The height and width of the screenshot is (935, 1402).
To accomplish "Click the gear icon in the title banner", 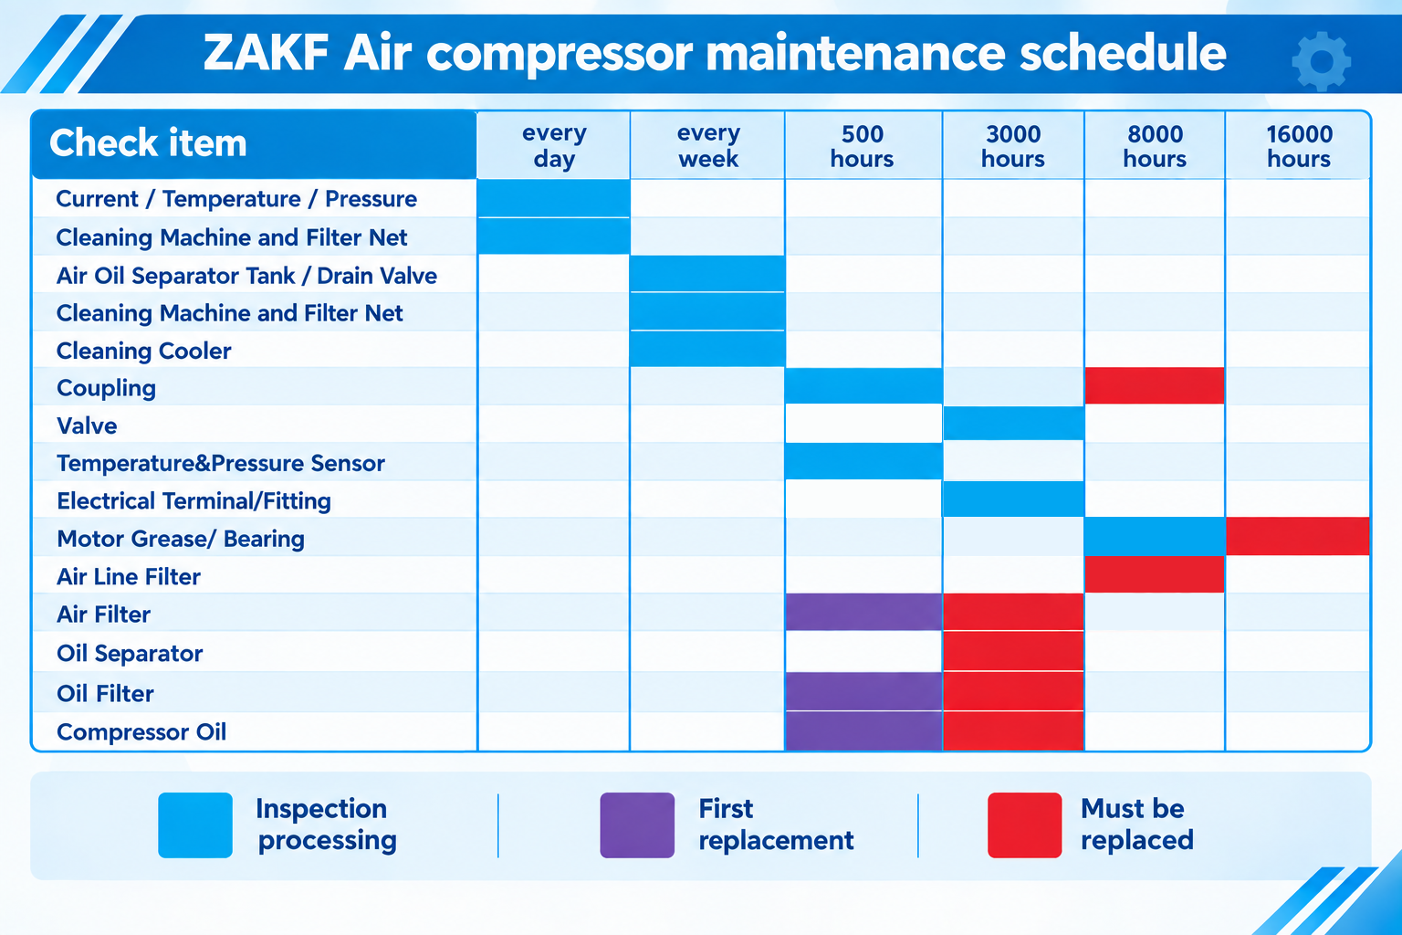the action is pyautogui.click(x=1322, y=61).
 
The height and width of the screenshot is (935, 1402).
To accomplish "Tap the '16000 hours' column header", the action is pyautogui.click(x=1299, y=146).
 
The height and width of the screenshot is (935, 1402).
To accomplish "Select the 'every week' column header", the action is pyautogui.click(x=708, y=146).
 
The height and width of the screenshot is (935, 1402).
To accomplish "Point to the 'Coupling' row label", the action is pyautogui.click(x=107, y=388).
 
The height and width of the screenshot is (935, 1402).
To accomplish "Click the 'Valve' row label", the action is pyautogui.click(x=87, y=425).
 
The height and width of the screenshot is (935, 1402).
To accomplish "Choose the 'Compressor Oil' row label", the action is pyautogui.click(x=141, y=732).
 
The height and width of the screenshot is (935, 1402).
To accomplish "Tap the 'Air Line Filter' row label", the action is pyautogui.click(x=129, y=577).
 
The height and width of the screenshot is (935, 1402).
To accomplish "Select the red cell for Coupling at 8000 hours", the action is pyautogui.click(x=1155, y=385).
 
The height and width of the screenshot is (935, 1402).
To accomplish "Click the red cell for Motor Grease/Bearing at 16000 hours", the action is pyautogui.click(x=1297, y=536).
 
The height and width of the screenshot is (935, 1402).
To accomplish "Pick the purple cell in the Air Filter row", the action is pyautogui.click(x=863, y=612).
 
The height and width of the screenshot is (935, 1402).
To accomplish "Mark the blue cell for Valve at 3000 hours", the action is pyautogui.click(x=1013, y=423).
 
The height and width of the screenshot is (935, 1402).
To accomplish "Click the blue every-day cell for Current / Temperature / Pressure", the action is pyautogui.click(x=553, y=198).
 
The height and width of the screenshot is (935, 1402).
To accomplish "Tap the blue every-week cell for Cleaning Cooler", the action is pyautogui.click(x=707, y=348).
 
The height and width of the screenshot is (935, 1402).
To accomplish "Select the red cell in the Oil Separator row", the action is pyautogui.click(x=1013, y=651).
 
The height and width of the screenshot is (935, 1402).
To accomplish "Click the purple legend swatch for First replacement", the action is pyautogui.click(x=637, y=825).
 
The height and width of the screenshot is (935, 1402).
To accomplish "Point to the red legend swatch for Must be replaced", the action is pyautogui.click(x=1025, y=825).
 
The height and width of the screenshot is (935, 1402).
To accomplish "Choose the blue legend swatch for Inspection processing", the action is pyautogui.click(x=195, y=825).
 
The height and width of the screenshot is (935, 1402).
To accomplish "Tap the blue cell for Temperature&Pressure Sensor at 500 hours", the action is pyautogui.click(x=863, y=461).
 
